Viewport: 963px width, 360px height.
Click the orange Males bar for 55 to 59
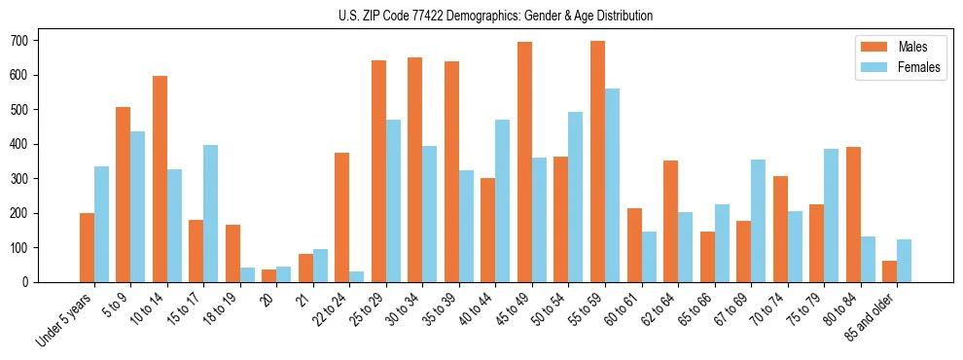point(597,162)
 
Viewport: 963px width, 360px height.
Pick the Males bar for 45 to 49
point(524,162)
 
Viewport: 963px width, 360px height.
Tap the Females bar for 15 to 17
point(210,213)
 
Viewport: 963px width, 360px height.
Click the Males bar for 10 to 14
point(160,179)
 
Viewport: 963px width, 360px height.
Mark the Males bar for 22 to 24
point(341,217)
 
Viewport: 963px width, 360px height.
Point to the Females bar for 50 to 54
point(575,197)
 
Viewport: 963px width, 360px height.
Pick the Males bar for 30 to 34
point(414,169)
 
